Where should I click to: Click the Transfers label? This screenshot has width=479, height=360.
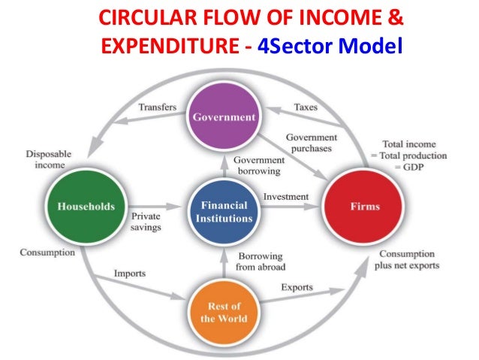pyautogui.click(x=156, y=108)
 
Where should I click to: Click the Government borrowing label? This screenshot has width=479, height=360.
pyautogui.click(x=258, y=165)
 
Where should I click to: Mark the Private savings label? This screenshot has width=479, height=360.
pyautogui.click(x=146, y=221)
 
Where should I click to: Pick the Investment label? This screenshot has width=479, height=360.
pyautogui.click(x=285, y=197)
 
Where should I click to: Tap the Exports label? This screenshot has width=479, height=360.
pyautogui.click(x=297, y=287)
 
